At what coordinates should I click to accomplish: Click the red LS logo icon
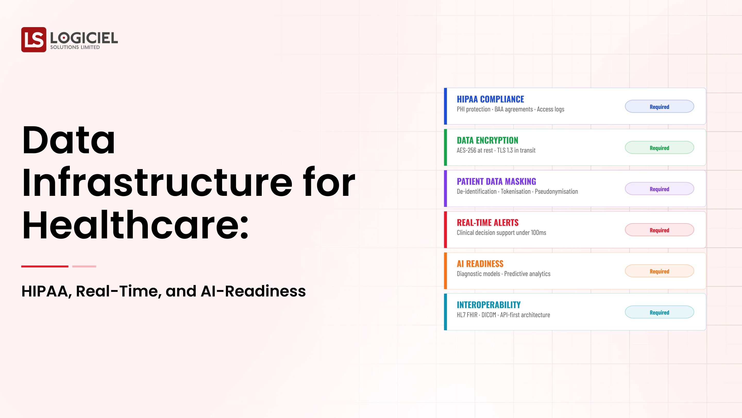[x=34, y=39]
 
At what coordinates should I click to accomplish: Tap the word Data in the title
[x=69, y=140]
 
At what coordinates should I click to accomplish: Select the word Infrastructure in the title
[x=157, y=183]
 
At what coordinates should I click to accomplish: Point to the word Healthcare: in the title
[x=135, y=225]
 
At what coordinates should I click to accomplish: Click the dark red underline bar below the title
[x=45, y=266]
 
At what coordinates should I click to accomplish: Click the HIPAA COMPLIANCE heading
[x=490, y=99]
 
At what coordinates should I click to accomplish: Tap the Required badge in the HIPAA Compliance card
[x=659, y=107]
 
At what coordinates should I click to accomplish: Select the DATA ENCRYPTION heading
[x=487, y=140]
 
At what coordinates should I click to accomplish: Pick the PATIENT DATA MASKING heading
[x=496, y=181]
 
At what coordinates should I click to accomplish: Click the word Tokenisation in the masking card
[x=516, y=191]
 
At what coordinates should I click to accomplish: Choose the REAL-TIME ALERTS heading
[x=487, y=223]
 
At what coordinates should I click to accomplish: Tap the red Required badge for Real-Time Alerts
[x=659, y=230]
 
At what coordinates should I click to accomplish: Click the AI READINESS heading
[x=480, y=264]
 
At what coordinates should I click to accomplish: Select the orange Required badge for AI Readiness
[x=659, y=271]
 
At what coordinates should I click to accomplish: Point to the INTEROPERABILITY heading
[x=488, y=305]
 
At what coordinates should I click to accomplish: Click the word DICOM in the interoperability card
[x=488, y=315]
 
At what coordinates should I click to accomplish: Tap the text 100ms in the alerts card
[x=538, y=233]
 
